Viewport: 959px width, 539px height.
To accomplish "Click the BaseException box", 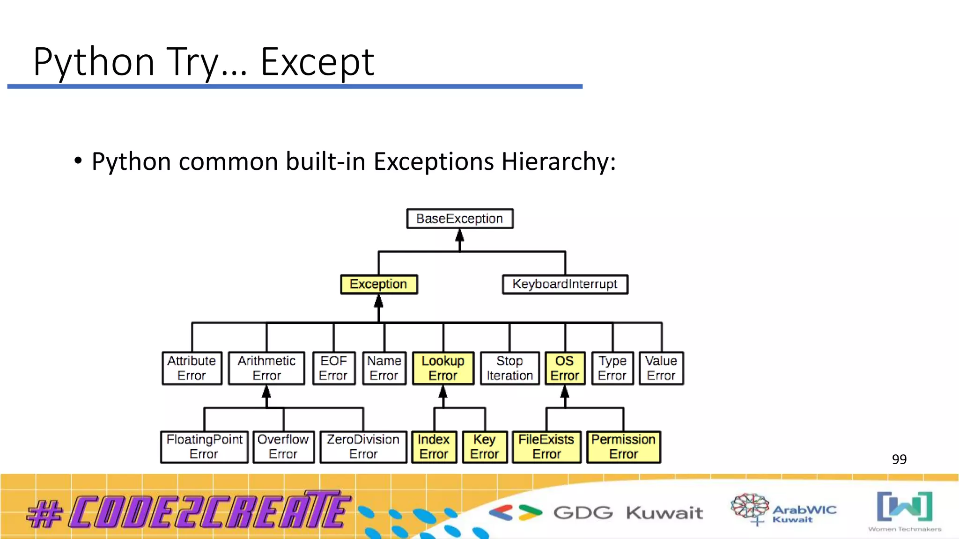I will click(x=459, y=219).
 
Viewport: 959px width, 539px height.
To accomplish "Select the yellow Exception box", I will click(x=378, y=284).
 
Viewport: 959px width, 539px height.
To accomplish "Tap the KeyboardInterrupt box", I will click(x=565, y=284).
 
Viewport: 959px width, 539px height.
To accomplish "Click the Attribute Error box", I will click(x=192, y=368).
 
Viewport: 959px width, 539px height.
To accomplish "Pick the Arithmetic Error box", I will click(x=266, y=368).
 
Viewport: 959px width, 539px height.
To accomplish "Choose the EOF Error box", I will click(x=333, y=368).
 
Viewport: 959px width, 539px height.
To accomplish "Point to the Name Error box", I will click(x=384, y=368).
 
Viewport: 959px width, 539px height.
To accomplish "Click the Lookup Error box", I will click(x=443, y=368).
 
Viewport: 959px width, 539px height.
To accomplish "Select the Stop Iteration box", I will click(x=509, y=368).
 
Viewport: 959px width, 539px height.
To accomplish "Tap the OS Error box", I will click(x=565, y=368).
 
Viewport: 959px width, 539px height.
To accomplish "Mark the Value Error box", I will click(x=661, y=368).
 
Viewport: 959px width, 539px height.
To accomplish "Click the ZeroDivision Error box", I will click(x=363, y=447).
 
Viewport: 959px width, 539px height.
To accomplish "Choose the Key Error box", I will click(x=485, y=447).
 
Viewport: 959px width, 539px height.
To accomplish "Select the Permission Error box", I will click(x=623, y=447).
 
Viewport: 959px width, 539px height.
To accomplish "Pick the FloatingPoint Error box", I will click(x=204, y=447).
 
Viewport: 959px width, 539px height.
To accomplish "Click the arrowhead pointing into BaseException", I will click(x=460, y=235).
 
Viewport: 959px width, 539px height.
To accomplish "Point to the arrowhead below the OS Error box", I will click(x=565, y=392).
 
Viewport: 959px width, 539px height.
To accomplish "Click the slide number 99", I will click(x=899, y=459).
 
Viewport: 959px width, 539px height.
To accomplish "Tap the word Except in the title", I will click(x=317, y=62).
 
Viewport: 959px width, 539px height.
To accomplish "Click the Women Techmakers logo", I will click(x=905, y=511).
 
